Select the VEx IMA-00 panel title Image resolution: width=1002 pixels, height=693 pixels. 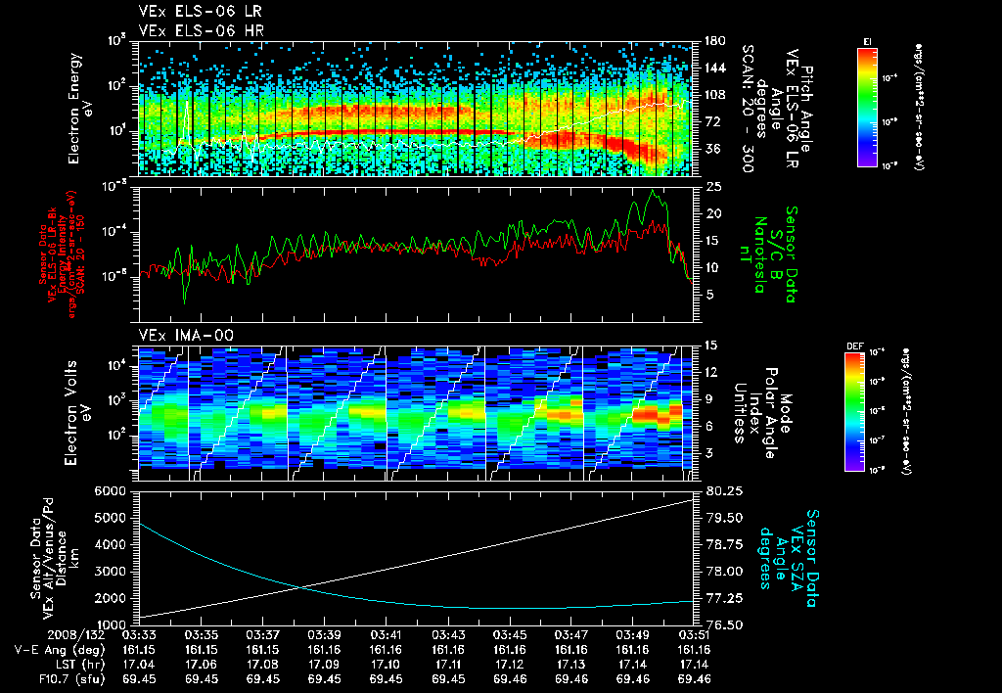pos(178,336)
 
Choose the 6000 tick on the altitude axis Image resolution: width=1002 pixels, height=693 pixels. pos(114,490)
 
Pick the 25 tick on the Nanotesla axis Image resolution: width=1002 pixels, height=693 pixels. pos(711,186)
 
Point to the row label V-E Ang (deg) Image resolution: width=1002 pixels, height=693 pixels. pos(54,649)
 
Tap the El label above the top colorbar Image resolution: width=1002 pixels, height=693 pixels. pos(867,40)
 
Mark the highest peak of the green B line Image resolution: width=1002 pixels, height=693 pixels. pos(653,191)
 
